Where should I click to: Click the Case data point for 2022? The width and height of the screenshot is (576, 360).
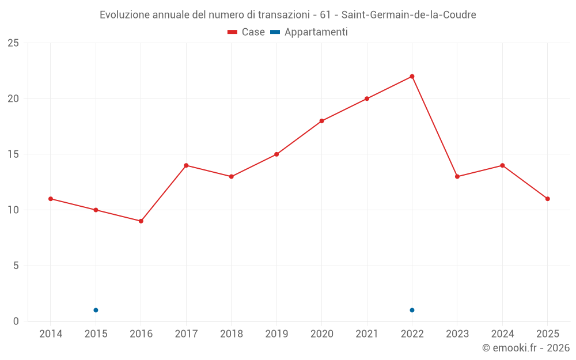[412, 77]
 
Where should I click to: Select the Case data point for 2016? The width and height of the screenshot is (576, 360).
[141, 221]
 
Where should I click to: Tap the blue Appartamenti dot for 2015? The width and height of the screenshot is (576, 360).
[96, 310]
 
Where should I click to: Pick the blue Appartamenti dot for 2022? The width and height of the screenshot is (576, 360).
[412, 310]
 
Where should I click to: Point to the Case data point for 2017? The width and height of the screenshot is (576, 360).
[186, 165]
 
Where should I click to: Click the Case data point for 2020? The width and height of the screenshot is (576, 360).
[321, 121]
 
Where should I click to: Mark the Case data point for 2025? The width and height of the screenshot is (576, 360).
[547, 199]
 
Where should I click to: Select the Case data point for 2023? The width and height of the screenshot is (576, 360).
[457, 177]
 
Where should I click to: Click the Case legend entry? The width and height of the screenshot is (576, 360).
[247, 32]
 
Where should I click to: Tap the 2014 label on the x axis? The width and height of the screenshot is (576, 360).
[51, 334]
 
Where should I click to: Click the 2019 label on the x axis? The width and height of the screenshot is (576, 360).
[276, 334]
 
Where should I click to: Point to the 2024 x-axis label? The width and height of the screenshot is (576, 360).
[502, 334]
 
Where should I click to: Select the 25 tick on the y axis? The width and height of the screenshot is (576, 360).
[13, 43]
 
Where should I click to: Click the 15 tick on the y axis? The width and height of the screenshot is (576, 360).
[13, 154]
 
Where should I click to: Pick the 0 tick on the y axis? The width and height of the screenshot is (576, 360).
[16, 321]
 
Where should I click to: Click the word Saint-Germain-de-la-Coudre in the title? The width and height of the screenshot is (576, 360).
[409, 14]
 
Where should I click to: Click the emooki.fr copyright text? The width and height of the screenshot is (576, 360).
[526, 348]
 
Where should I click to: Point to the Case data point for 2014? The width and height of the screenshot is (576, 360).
[51, 199]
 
